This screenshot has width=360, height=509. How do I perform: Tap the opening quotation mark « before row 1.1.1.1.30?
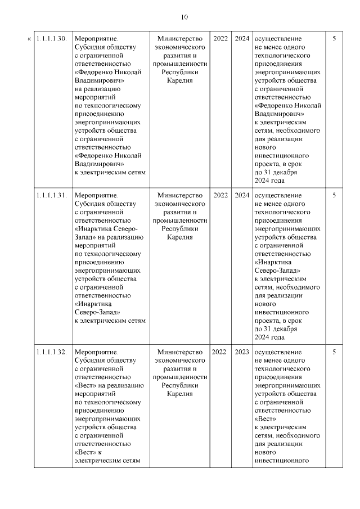(x=29, y=39)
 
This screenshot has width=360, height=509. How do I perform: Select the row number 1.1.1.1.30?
(x=52, y=39)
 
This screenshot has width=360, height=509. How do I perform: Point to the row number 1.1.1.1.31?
(x=52, y=195)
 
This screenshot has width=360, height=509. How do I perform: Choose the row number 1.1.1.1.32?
(x=52, y=352)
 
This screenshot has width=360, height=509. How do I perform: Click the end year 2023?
(x=242, y=352)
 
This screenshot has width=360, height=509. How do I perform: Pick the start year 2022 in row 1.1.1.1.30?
(x=220, y=39)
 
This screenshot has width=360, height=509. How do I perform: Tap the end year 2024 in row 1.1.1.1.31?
(x=242, y=195)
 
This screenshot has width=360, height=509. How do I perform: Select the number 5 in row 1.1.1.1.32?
(x=334, y=352)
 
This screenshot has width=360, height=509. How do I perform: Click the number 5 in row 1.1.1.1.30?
(x=334, y=39)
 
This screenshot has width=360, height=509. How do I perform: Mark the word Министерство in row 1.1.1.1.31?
(x=179, y=195)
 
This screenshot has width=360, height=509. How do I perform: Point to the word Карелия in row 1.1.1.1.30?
(x=179, y=81)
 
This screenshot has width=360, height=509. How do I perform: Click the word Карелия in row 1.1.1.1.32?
(x=179, y=394)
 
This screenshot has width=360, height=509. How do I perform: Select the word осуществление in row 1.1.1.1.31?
(x=278, y=195)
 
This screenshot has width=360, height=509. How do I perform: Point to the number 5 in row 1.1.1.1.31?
(x=334, y=195)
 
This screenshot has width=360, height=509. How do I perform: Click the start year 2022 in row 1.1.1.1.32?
(x=220, y=352)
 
